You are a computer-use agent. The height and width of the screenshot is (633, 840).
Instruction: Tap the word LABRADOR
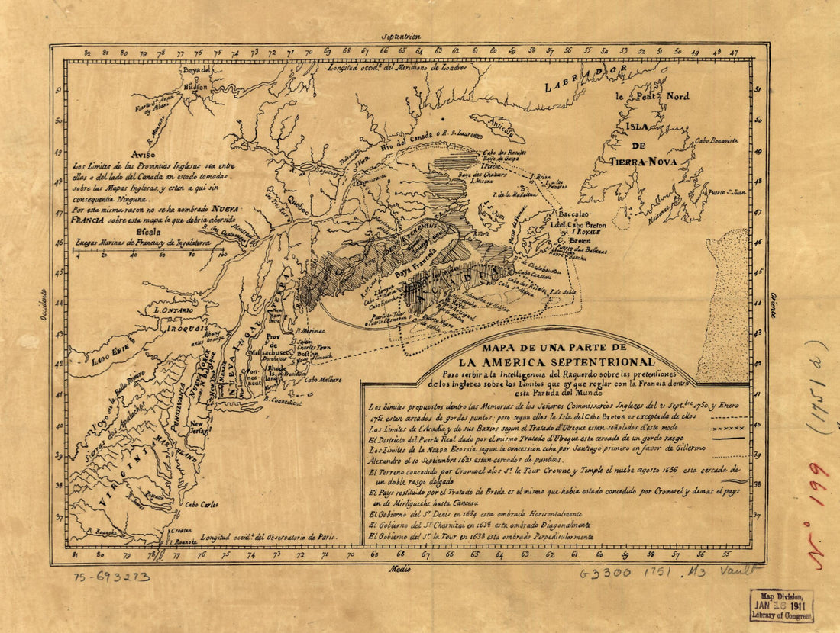[x=585, y=79]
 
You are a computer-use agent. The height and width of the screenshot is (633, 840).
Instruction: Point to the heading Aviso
[x=144, y=152]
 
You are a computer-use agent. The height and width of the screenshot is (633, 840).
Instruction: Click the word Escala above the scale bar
[x=148, y=233]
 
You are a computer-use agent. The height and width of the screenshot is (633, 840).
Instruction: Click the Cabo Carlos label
[x=202, y=504]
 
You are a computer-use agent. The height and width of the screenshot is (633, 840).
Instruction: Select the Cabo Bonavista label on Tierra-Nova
[x=716, y=140]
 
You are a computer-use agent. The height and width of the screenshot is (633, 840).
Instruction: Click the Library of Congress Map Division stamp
[x=781, y=606]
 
